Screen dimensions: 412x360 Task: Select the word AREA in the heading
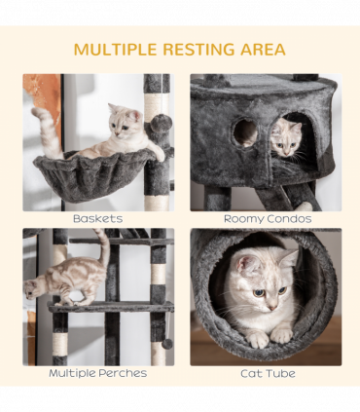click(262, 50)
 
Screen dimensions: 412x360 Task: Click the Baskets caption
click(97, 219)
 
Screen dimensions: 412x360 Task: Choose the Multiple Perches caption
click(97, 373)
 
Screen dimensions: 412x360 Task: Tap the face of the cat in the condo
click(286, 139)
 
